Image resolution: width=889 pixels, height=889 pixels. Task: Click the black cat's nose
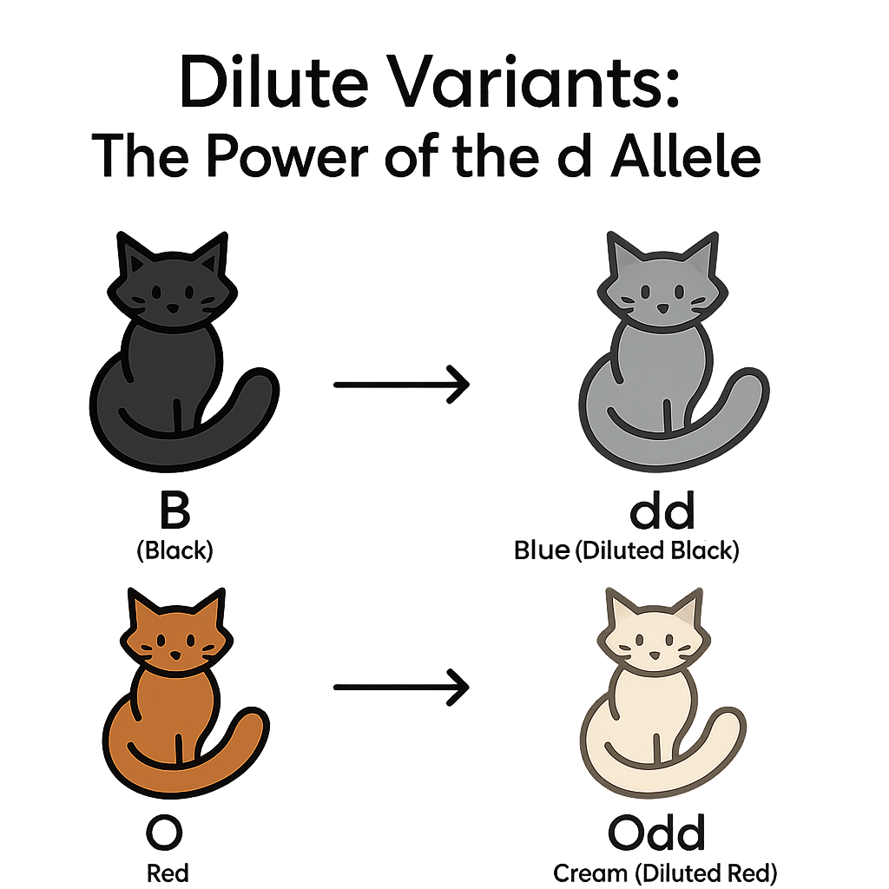pyautogui.click(x=173, y=307)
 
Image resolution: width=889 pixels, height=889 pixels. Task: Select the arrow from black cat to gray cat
pyautogui.click(x=401, y=384)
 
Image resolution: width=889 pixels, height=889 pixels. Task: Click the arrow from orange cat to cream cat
pyautogui.click(x=401, y=688)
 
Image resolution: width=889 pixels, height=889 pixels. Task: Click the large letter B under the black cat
pyautogui.click(x=175, y=512)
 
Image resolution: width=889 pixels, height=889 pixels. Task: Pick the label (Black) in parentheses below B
pyautogui.click(x=175, y=550)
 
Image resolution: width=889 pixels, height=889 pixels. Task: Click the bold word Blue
pyautogui.click(x=542, y=550)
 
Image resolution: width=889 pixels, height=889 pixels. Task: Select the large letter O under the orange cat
pyautogui.click(x=164, y=833)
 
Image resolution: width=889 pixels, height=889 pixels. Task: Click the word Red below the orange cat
pyautogui.click(x=168, y=872)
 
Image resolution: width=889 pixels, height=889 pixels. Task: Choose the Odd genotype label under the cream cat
pyautogui.click(x=656, y=834)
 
